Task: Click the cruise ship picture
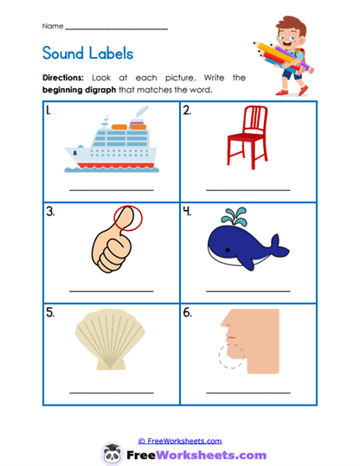coord(110,144)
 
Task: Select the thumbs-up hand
coord(112,241)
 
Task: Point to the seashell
coord(110,344)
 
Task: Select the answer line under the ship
coord(110,188)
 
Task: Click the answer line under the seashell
coord(110,393)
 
